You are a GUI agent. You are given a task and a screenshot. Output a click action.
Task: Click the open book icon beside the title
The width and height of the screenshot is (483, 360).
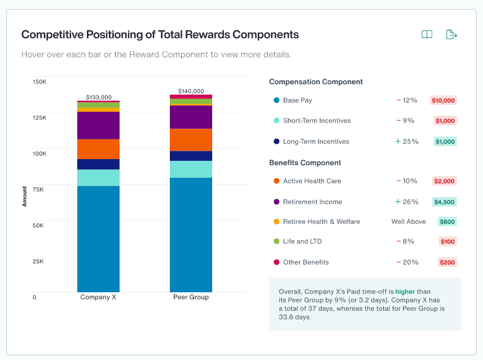pos(427,34)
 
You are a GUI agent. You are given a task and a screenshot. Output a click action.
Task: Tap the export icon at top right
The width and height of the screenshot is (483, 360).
pos(451,34)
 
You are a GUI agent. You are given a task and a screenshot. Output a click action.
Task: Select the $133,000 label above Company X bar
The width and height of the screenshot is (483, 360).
pos(98,97)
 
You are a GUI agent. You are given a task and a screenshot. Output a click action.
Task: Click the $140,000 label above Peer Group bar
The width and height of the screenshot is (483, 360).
pos(191,91)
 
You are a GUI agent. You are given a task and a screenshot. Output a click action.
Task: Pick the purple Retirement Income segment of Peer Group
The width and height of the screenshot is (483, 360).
pos(191,117)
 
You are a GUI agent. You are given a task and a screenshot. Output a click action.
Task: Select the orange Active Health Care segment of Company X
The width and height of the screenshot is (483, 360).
pos(98,149)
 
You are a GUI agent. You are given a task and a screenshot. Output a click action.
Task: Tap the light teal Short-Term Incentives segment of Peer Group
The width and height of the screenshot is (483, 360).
pos(191,169)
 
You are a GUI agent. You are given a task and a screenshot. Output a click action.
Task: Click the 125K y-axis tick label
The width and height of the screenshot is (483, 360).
pos(39,117)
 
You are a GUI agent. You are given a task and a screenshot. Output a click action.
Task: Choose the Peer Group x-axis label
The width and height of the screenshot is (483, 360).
pos(191,297)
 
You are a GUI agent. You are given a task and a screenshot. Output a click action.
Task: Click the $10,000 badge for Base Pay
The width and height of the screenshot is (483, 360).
pos(443,100)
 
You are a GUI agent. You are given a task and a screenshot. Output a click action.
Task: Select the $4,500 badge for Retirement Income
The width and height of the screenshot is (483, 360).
pos(444,202)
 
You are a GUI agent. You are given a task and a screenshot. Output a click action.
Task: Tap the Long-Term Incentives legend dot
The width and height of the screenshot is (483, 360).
pos(276,142)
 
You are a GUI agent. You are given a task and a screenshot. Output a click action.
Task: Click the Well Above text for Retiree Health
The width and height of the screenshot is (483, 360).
pos(409,222)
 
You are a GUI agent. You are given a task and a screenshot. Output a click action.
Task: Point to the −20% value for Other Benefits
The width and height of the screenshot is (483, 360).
pos(407,262)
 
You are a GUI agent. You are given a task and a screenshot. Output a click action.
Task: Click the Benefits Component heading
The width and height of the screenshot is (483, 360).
pos(305,163)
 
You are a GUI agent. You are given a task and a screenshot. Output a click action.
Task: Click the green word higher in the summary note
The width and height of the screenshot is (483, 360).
pos(405,292)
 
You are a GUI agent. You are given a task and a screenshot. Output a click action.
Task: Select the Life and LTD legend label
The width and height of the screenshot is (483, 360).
pos(302,242)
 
